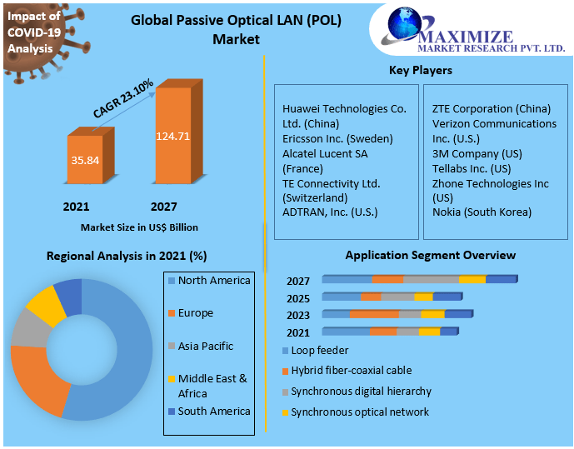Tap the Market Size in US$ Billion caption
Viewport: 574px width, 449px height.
[x=139, y=227]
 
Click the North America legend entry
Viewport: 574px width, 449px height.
[x=213, y=281]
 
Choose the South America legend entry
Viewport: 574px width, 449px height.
[x=213, y=411]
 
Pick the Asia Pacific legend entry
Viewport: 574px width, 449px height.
[x=205, y=346]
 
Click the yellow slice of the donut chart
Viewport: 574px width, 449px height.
[x=45, y=306]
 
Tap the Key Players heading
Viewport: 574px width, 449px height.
[x=420, y=70]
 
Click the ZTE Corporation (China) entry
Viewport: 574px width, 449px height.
[x=491, y=108]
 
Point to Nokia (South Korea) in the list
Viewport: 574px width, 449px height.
[x=481, y=212]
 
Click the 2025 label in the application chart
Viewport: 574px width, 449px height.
[x=298, y=298]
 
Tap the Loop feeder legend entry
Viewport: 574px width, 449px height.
[x=319, y=351]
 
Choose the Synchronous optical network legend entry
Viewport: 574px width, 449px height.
[x=359, y=412]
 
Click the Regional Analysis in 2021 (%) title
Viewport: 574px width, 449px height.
[x=127, y=256]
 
